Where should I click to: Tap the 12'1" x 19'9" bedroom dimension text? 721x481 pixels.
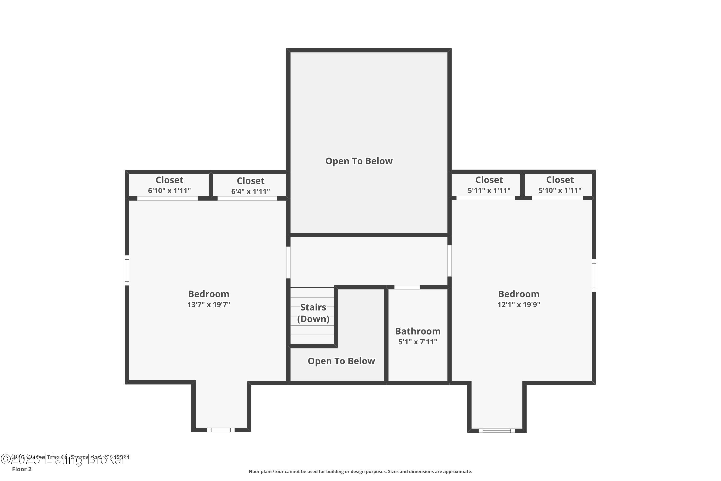pos(519,305)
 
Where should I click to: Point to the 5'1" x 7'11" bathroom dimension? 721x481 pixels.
pos(417,342)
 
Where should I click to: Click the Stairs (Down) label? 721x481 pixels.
pos(313,313)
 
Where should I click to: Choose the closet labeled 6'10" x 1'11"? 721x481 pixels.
pos(169,185)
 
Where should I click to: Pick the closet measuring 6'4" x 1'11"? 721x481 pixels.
pos(250,186)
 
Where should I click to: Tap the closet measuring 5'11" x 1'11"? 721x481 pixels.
pos(489,185)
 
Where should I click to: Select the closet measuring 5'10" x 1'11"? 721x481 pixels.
pos(560,185)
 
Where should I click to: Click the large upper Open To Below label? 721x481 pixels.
pos(359,161)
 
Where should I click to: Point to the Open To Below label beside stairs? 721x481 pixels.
pos(341,361)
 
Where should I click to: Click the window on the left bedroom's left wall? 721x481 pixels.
pos(127,270)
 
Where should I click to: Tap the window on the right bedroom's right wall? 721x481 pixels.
pos(594,275)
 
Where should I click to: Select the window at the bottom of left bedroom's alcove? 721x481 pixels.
pos(221,430)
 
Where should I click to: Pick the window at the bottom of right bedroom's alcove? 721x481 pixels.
pos(497,431)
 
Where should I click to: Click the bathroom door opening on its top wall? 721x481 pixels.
pos(407,287)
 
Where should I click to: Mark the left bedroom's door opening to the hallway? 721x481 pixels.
pos(288,262)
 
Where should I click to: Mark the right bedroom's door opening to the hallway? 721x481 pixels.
pos(449,260)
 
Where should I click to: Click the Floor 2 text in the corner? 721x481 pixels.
pos(22,469)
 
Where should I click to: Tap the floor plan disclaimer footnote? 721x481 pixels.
pos(360,471)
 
